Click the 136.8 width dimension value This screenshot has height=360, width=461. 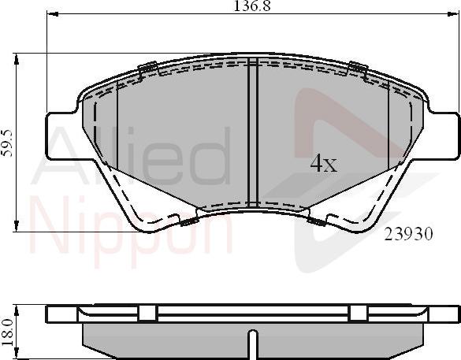(x=251, y=6)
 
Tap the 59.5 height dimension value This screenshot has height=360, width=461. (x=7, y=143)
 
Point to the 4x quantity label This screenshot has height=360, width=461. (x=323, y=164)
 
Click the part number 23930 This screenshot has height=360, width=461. (x=409, y=234)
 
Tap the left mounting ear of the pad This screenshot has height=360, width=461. (x=60, y=135)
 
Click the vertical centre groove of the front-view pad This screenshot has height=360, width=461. (x=253, y=132)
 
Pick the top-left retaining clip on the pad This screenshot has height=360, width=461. (x=147, y=71)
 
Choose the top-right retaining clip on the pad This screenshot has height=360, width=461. (x=357, y=71)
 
